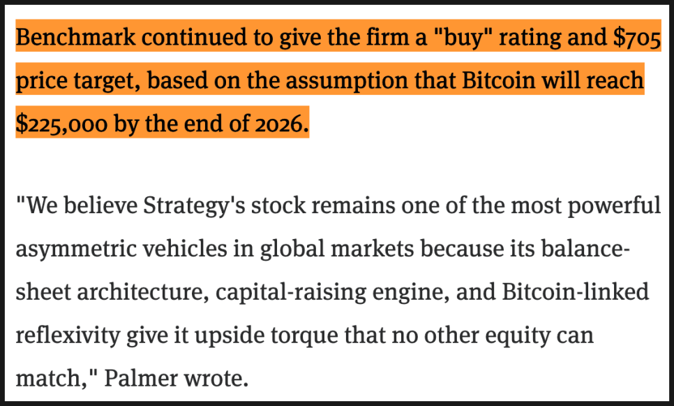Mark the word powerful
608,207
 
